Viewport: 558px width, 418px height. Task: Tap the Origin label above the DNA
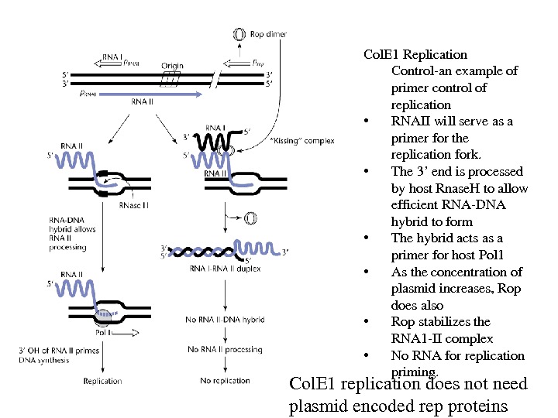(x=172, y=66)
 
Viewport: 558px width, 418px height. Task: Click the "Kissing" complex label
(x=302, y=141)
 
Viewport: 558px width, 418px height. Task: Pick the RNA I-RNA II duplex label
(x=225, y=269)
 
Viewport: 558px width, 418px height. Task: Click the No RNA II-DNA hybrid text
(x=226, y=319)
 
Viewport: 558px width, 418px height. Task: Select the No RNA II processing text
(x=225, y=349)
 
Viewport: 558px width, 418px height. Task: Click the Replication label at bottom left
(x=102, y=380)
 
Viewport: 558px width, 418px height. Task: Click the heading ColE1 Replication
(x=415, y=54)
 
